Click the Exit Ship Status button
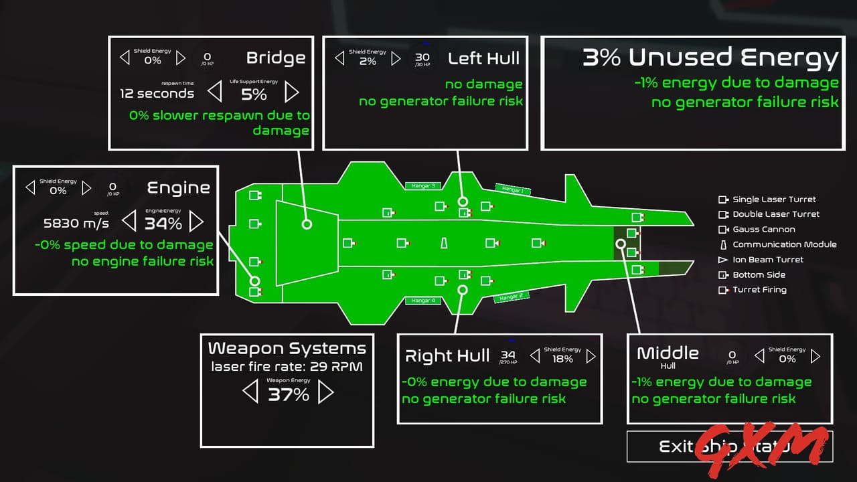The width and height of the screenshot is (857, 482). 729,447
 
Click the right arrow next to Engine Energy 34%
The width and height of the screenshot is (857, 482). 196,221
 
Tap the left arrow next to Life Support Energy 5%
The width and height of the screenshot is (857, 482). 215,91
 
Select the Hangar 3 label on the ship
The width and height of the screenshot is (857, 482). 423,185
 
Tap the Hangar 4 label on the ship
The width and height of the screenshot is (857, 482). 423,301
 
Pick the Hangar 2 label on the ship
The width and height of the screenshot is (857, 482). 512,295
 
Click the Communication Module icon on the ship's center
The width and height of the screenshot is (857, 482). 443,243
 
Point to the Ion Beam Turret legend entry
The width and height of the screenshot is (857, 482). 767,260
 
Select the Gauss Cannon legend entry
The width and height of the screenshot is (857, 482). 763,230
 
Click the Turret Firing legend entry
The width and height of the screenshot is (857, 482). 759,290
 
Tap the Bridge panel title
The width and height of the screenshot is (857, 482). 276,58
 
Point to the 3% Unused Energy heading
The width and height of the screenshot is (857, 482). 710,58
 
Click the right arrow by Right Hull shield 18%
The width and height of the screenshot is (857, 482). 591,357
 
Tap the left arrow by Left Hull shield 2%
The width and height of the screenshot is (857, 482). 339,58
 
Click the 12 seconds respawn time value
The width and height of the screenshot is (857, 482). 157,93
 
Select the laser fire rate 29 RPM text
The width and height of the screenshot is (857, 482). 287,367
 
